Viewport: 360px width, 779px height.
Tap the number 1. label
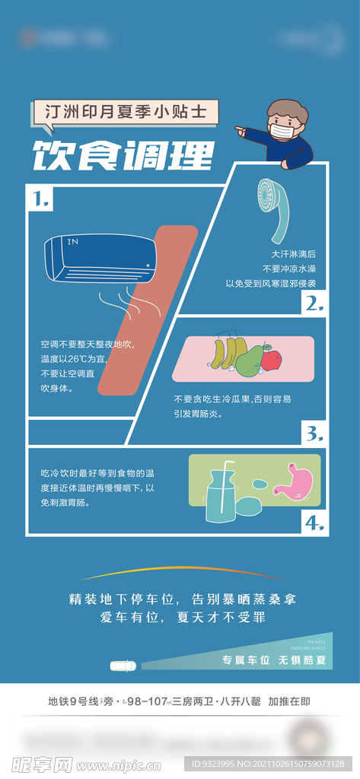point(42,200)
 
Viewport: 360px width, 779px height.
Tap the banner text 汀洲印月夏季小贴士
point(125,113)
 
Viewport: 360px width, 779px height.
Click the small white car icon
point(123,665)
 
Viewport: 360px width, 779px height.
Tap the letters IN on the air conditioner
point(73,242)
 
